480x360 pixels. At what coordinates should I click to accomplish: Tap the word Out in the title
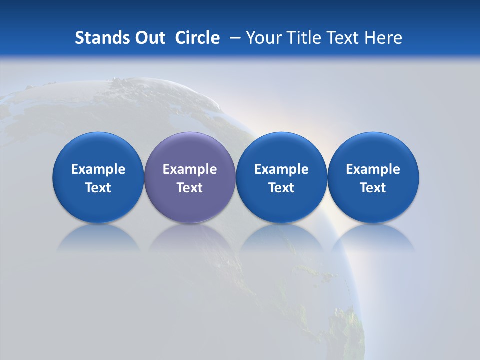[149, 38]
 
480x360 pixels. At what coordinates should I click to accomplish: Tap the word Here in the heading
[384, 38]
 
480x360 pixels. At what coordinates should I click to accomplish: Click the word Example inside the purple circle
[190, 169]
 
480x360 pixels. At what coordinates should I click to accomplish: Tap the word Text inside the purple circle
[190, 188]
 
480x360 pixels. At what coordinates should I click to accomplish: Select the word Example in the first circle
[98, 169]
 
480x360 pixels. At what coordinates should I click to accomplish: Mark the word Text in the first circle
[98, 188]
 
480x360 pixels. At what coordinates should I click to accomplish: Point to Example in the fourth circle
[373, 169]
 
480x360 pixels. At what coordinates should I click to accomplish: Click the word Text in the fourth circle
[373, 188]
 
